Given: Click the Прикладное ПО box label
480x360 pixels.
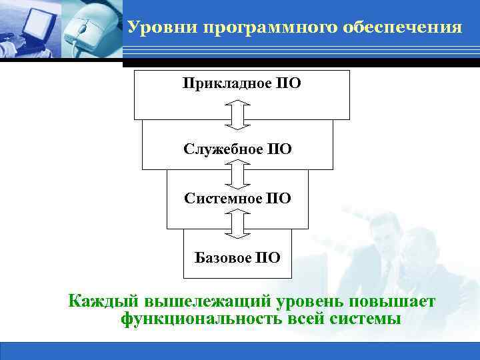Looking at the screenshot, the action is point(241,84).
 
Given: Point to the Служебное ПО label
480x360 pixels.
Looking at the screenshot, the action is point(237,148).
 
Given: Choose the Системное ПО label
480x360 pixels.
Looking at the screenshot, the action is point(237,199).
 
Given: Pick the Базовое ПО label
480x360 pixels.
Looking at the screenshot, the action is point(237,257).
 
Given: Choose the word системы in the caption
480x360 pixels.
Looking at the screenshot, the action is point(365,319).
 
